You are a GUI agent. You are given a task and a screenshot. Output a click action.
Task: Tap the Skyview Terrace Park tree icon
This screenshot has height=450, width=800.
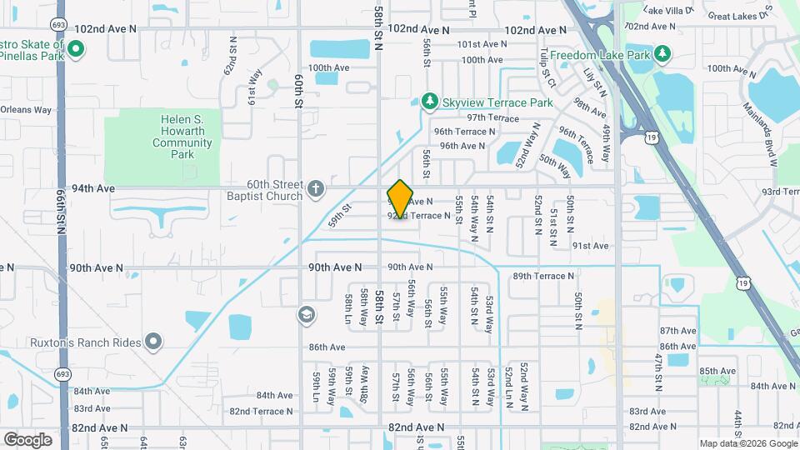(x=430, y=102)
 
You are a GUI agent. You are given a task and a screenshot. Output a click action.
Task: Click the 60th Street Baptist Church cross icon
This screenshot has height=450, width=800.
(x=315, y=188)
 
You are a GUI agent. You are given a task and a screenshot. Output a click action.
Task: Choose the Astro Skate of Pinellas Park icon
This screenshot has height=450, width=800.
(x=75, y=48)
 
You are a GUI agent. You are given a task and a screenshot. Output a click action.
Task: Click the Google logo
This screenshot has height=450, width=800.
(x=27, y=439)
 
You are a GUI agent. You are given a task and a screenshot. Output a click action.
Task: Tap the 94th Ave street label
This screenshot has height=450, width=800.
(x=93, y=188)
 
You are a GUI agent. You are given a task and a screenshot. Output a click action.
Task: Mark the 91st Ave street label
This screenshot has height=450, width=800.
(x=590, y=246)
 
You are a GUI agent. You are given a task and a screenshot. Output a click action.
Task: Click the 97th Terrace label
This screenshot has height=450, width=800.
(x=492, y=117)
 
